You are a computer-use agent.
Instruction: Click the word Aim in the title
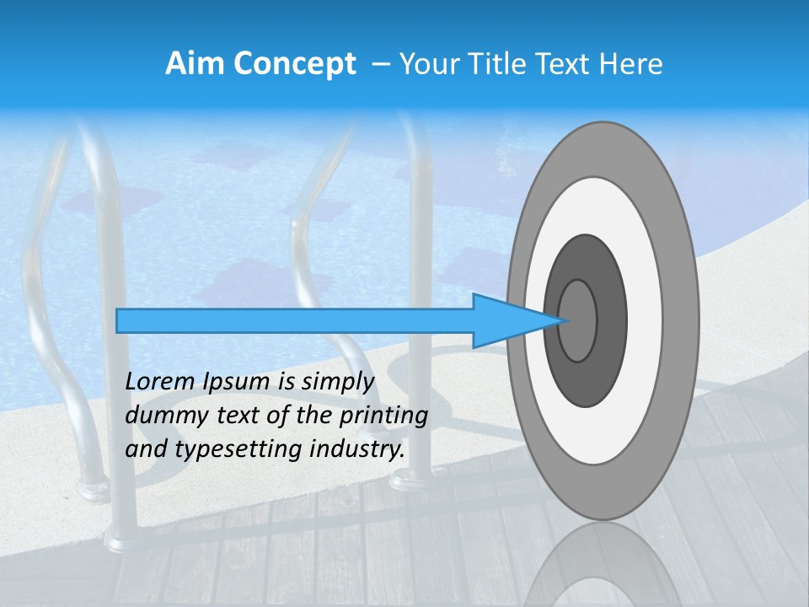click(190, 64)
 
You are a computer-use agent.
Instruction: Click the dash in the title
click(380, 64)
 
